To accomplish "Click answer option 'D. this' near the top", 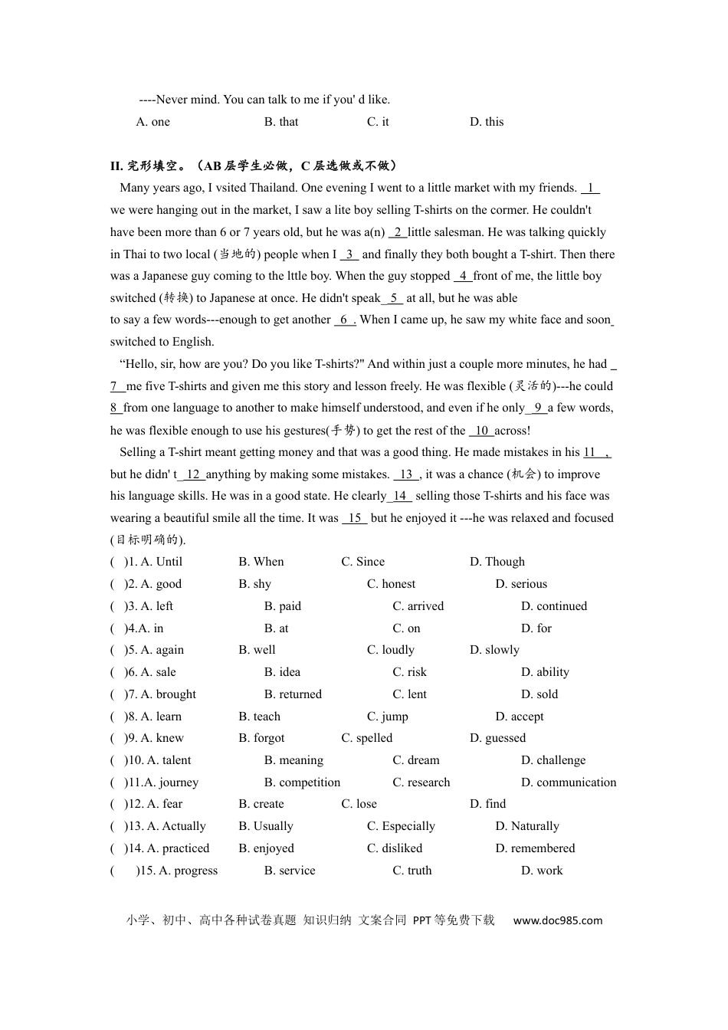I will coord(487,122).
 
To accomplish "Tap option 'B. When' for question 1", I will coord(261,562).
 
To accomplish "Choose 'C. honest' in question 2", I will coord(391,584).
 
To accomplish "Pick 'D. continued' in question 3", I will coord(554,606).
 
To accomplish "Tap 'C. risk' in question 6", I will coord(409,672).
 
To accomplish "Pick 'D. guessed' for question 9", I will coord(497,738).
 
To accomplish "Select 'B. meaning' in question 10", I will coord(293,760).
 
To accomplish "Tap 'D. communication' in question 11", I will coord(569,782).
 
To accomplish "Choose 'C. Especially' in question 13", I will coord(401,826).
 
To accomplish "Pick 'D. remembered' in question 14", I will coord(535,848).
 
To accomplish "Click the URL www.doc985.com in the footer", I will coord(557,920).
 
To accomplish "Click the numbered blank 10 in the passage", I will coord(482,431).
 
